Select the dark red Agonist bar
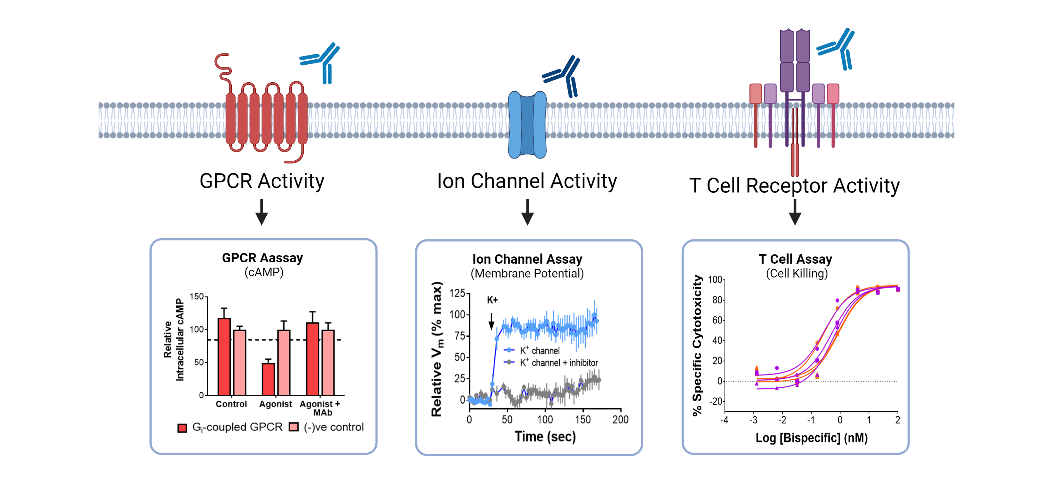(268, 379)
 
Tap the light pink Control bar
(239, 362)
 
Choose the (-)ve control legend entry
(327, 427)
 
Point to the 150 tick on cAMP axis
(197, 297)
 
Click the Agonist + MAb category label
(320, 408)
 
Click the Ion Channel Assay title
(527, 259)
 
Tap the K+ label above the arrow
(492, 300)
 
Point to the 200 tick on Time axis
(620, 420)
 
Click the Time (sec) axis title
(545, 437)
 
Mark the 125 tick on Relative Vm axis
(457, 293)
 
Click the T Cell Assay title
(795, 259)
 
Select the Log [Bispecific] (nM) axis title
(811, 438)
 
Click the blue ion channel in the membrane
(527, 124)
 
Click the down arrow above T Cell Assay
(795, 212)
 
